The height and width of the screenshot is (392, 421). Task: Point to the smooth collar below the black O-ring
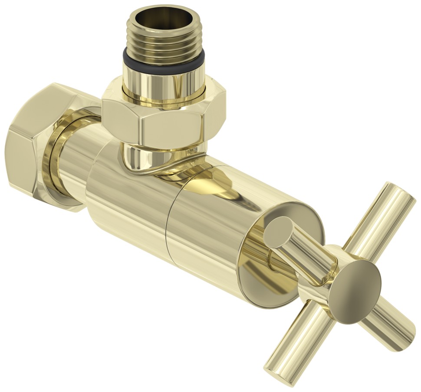click(x=164, y=84)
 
